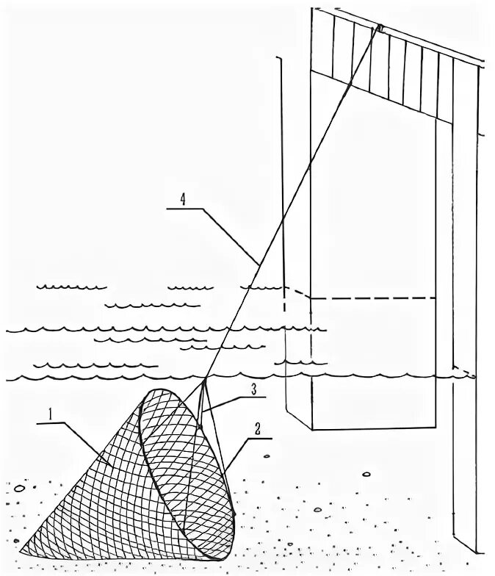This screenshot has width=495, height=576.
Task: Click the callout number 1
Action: pyautogui.click(x=51, y=413)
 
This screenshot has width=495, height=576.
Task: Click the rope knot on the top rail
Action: pyautogui.click(x=380, y=29)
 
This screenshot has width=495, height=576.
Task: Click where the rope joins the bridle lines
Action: pyautogui.click(x=202, y=384)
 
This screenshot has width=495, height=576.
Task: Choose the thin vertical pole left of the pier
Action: pyautogui.click(x=282, y=184)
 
